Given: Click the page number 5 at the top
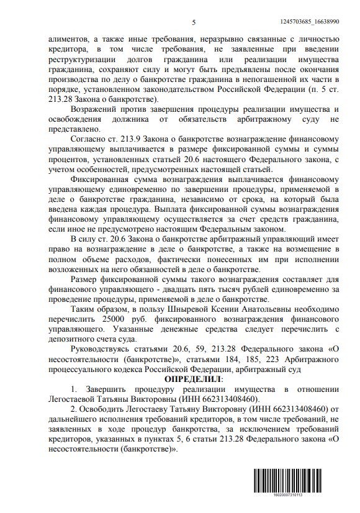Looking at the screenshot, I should coord(194,22).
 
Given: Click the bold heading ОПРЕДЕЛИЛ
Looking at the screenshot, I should coord(194,378).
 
